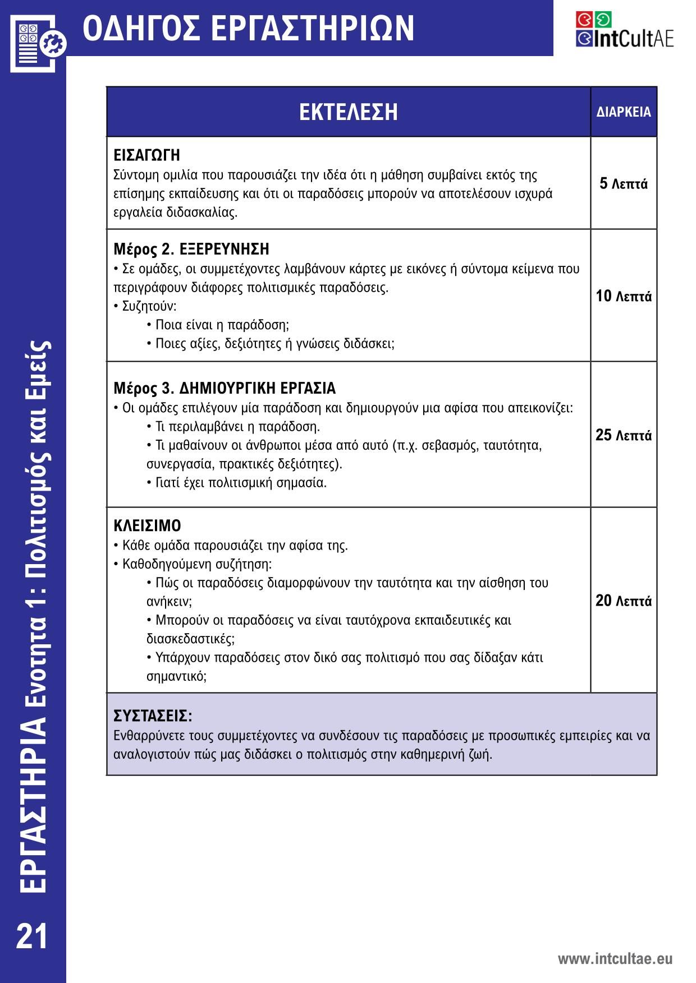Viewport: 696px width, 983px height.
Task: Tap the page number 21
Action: pyautogui.click(x=32, y=938)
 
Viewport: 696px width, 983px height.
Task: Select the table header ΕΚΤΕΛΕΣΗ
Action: pyautogui.click(x=348, y=112)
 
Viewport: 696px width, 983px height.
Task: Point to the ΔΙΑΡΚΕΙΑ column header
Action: pyautogui.click(x=624, y=112)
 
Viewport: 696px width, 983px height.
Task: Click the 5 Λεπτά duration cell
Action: pyautogui.click(x=624, y=183)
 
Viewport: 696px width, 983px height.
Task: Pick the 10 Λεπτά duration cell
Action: pyautogui.click(x=624, y=296)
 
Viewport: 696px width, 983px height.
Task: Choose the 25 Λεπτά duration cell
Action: pyautogui.click(x=624, y=435)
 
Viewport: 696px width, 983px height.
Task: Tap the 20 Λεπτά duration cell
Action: pyautogui.click(x=624, y=601)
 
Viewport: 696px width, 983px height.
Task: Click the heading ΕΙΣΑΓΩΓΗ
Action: pyautogui.click(x=146, y=155)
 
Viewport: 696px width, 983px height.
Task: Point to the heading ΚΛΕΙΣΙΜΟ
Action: pyautogui.click(x=147, y=526)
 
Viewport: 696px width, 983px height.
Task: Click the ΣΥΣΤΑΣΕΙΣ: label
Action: pyautogui.click(x=153, y=716)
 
